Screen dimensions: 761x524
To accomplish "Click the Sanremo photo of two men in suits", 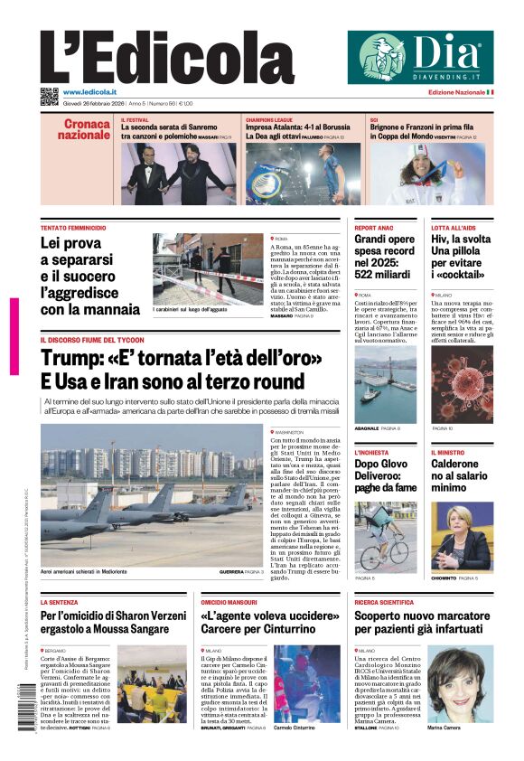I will click(178, 174).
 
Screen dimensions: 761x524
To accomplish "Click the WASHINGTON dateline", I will click(294, 433).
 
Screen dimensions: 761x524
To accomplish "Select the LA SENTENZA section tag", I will click(60, 601).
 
